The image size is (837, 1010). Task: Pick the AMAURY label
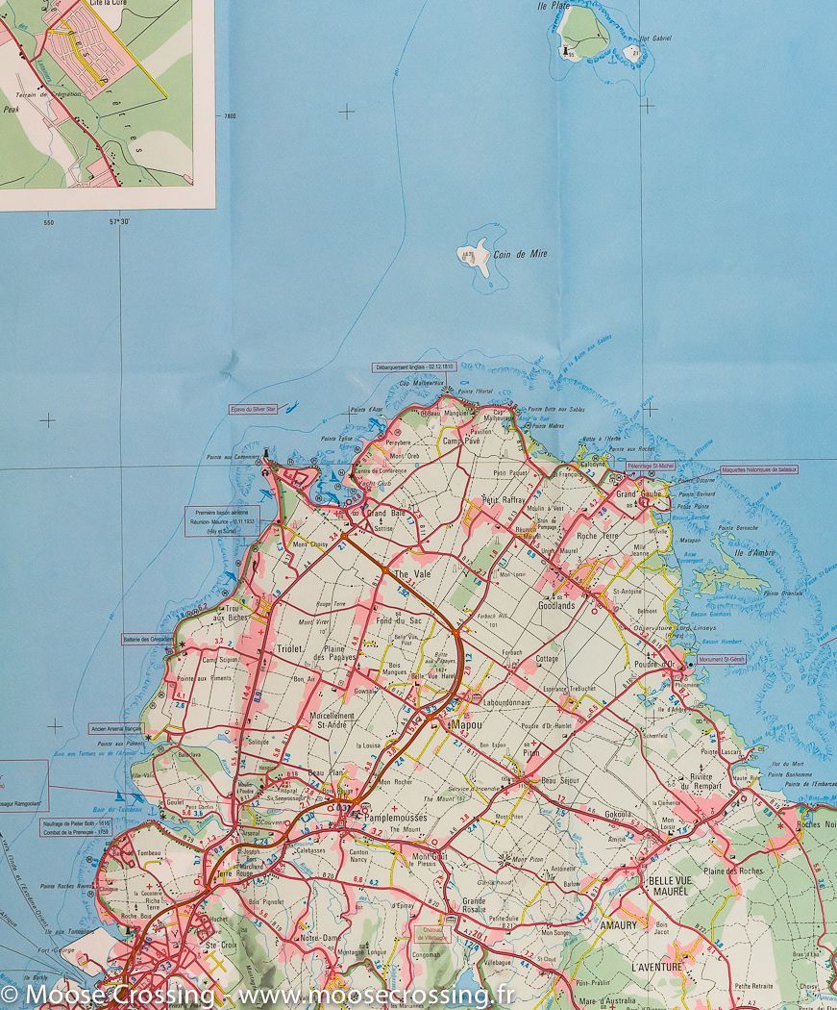point(618,925)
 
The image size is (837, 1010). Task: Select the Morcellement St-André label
point(332,721)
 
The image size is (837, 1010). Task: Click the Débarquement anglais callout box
point(412,366)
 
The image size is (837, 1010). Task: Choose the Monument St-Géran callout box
point(721,659)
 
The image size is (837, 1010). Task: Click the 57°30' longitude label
point(118,222)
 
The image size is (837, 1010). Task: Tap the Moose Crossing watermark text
point(259,994)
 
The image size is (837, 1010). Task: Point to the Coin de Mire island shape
point(481,256)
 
